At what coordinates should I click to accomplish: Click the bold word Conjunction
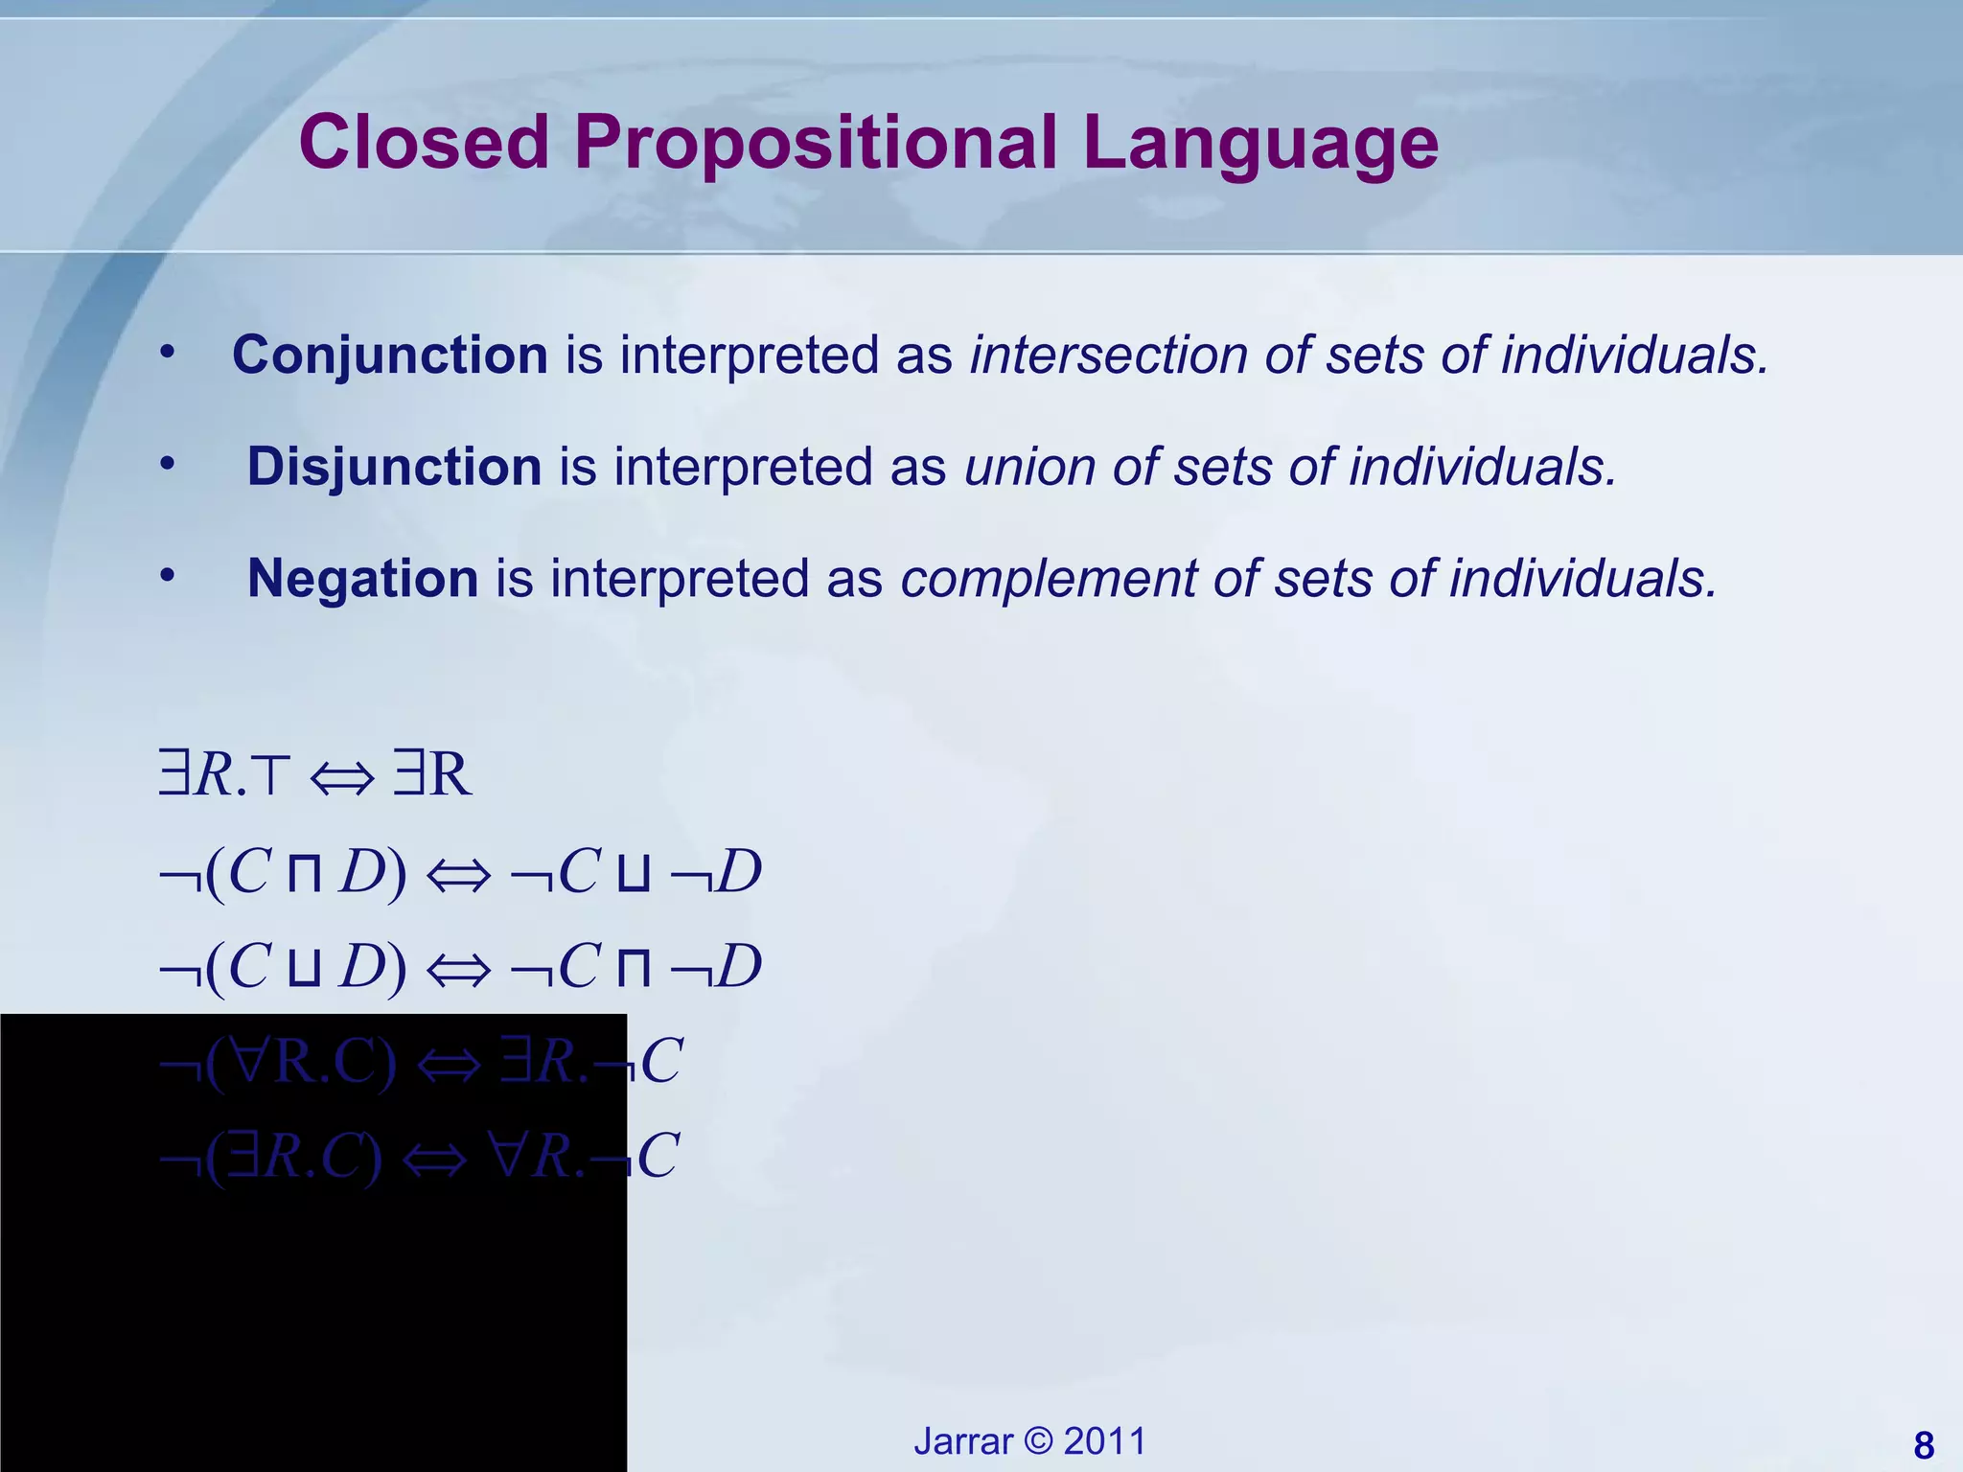tap(389, 356)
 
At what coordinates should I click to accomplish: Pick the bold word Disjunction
tap(394, 468)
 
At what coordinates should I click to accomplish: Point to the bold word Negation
tap(362, 579)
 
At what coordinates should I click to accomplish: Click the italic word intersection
tap(1108, 356)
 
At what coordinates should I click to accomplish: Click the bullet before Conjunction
tap(168, 353)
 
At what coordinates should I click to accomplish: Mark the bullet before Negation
tap(168, 576)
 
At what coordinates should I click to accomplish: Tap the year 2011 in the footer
tap(1104, 1441)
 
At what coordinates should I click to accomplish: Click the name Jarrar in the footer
tap(962, 1441)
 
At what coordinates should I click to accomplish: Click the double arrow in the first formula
tap(342, 777)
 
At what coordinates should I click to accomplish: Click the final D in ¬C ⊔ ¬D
tap(739, 872)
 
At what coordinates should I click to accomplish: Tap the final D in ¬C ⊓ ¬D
tap(739, 966)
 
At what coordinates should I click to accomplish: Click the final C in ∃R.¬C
tap(661, 1061)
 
